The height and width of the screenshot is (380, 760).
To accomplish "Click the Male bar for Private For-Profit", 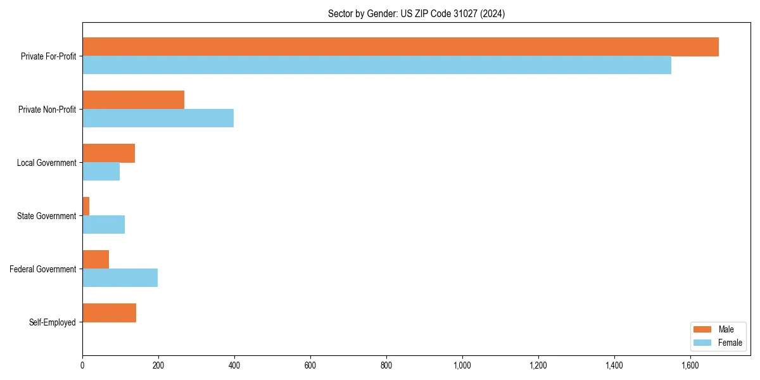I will click(x=400, y=47).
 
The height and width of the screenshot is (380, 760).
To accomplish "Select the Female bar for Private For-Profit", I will click(x=377, y=65).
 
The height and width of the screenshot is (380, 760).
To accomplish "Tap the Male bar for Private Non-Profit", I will click(x=133, y=100).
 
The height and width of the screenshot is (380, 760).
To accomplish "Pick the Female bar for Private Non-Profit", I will click(x=158, y=118).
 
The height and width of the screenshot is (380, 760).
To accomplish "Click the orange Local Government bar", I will click(x=108, y=153).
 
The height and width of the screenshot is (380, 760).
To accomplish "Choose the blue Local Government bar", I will click(x=101, y=172).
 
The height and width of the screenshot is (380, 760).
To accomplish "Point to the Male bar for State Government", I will click(x=86, y=206).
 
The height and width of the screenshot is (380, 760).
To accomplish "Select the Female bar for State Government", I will click(x=103, y=225).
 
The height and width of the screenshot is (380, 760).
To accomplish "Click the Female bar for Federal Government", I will click(x=120, y=278).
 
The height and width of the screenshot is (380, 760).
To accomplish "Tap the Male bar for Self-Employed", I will click(x=109, y=313).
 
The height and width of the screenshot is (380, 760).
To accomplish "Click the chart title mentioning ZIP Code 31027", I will click(x=416, y=13).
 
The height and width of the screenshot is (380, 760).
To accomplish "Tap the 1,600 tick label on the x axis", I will click(x=690, y=365).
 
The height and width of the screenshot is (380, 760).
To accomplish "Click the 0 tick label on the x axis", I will click(x=82, y=365).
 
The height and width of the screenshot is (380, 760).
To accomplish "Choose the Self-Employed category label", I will click(x=53, y=322).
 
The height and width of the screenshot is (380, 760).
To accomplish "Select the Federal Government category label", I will click(x=43, y=269).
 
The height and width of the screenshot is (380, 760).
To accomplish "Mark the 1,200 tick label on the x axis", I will click(x=538, y=365).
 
